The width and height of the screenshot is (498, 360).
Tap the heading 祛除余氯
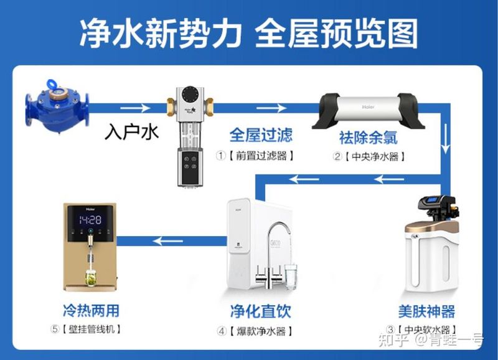tap(368, 136)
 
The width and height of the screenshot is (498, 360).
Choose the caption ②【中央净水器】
tap(369, 156)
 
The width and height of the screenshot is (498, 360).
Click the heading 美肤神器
tap(426, 311)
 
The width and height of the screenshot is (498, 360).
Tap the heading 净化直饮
tap(260, 311)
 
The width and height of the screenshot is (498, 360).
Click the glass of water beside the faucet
tap(291, 277)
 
